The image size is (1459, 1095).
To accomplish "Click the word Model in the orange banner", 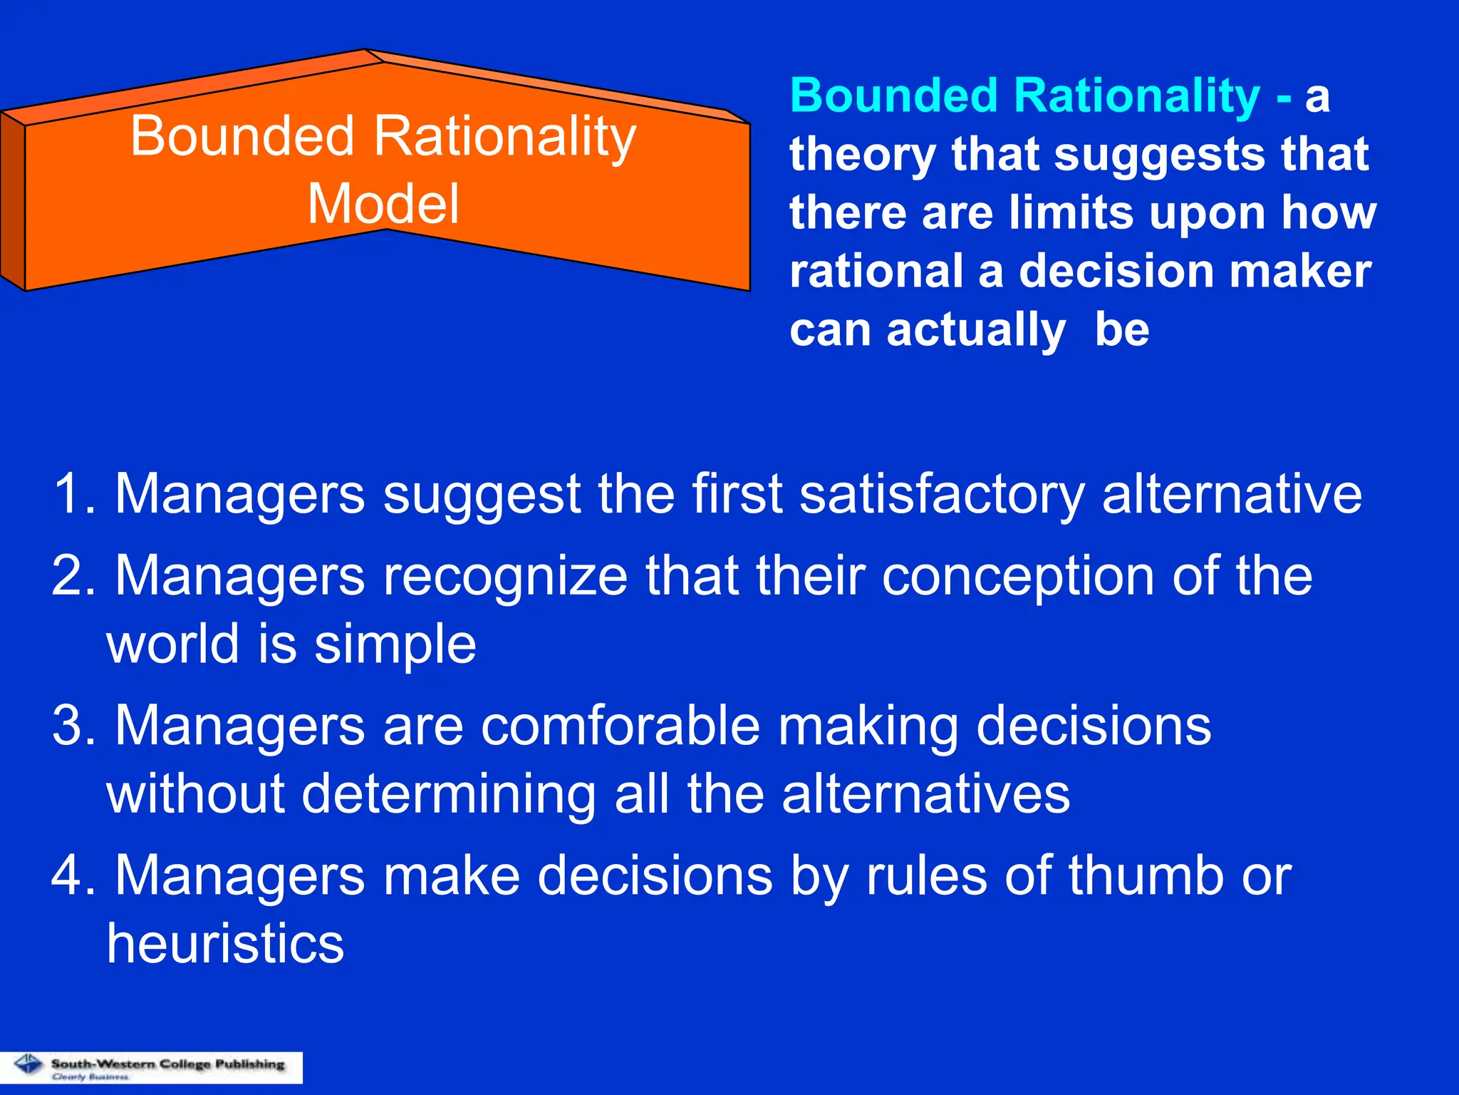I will (383, 205).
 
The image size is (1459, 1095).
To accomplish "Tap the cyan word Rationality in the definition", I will (1136, 96).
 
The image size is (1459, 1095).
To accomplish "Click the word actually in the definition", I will (975, 330).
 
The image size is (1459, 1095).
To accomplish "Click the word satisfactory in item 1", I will (942, 493).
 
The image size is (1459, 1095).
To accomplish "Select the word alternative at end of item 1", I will (1232, 493).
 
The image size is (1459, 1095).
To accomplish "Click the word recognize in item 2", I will (505, 576).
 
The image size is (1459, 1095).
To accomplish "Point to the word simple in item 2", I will (395, 644).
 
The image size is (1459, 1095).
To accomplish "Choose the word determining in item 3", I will (449, 793).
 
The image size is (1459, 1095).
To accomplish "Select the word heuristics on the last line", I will (225, 943).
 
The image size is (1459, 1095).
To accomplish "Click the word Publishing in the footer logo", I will (249, 1064).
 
